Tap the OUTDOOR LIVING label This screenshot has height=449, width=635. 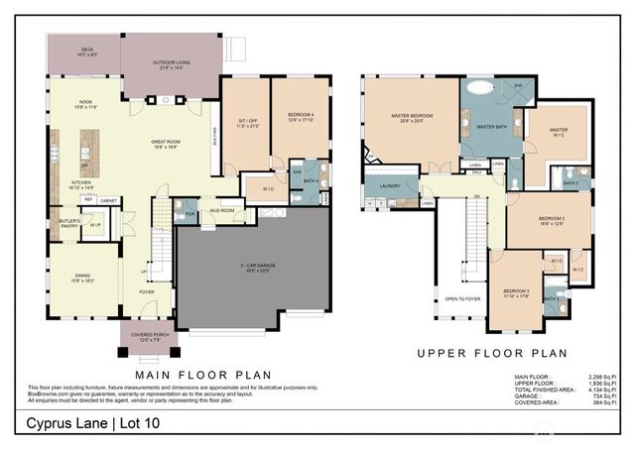(171, 65)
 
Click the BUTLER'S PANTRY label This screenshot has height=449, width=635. (69, 223)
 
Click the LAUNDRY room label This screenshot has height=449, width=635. (389, 185)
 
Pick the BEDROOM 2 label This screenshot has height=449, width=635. (552, 219)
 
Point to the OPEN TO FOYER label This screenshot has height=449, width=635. (464, 298)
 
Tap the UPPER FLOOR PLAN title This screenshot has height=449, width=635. (491, 353)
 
